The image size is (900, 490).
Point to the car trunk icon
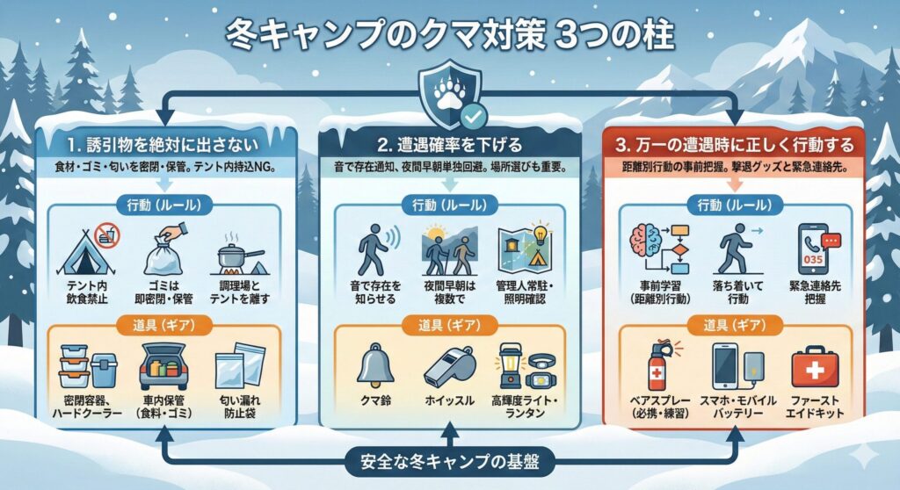(163, 366)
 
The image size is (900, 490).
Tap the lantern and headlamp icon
(526, 366)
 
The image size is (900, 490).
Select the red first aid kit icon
(815, 367)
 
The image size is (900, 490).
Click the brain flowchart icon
(660, 249)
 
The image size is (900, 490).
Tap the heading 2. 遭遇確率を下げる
(451, 145)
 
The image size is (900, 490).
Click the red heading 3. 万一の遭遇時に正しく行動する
(734, 145)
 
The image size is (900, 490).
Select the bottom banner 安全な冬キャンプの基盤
(450, 461)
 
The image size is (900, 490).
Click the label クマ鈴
(375, 400)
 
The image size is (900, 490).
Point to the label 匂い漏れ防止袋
(240, 407)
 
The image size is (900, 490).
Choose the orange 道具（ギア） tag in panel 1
(163, 325)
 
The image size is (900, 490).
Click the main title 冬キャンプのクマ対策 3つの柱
(449, 36)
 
